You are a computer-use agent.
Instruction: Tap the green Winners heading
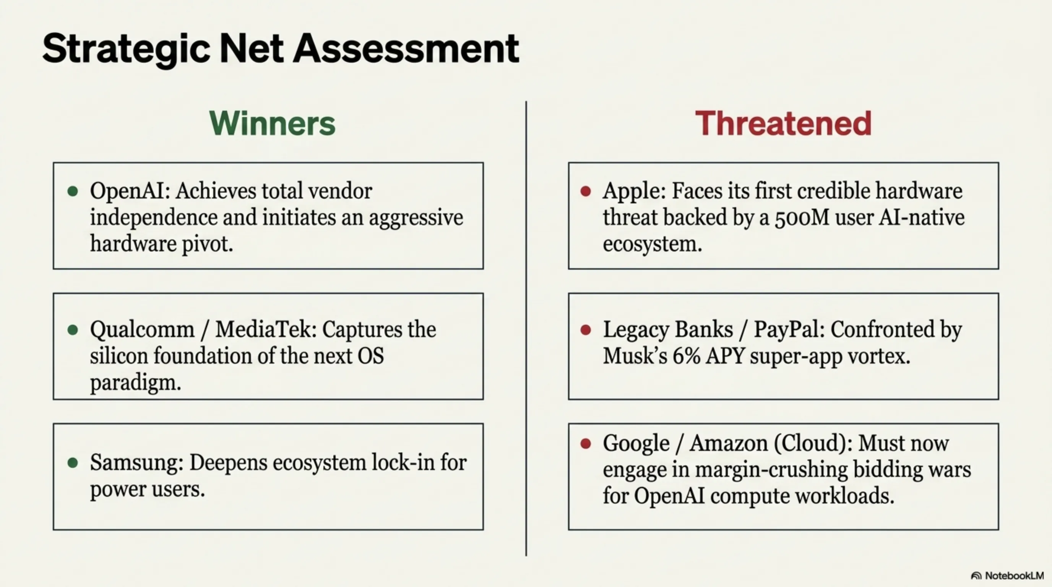(x=272, y=123)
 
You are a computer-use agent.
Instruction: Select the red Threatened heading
(x=783, y=123)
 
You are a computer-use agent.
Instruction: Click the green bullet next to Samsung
(x=73, y=462)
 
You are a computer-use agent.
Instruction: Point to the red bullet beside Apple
(x=586, y=191)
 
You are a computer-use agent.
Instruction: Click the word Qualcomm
(x=142, y=330)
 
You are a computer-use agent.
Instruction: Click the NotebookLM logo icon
(x=976, y=576)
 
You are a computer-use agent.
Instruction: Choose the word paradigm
(x=135, y=383)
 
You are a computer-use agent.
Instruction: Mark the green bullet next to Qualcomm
(x=73, y=330)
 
